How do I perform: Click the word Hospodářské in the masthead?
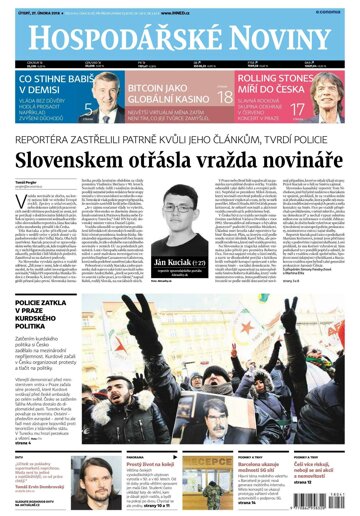pos(105,37)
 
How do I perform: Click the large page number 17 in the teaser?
pos(297,108)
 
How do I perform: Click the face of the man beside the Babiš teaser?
pos(96,91)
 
